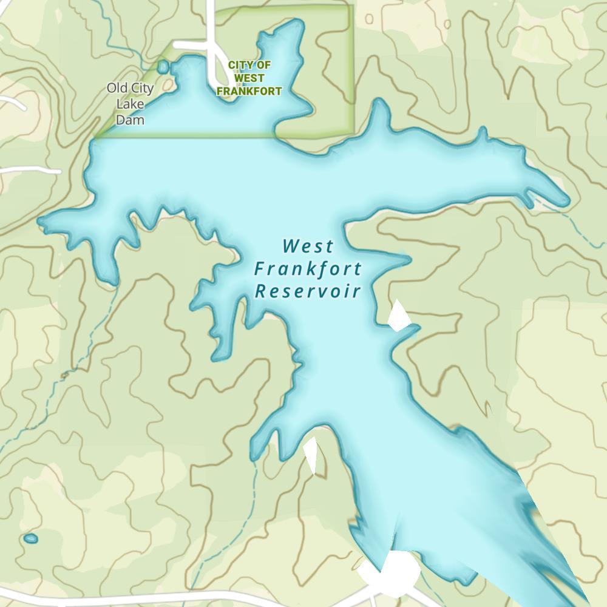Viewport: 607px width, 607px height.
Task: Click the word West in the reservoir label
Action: pos(308,246)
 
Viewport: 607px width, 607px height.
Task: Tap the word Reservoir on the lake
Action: pos(308,291)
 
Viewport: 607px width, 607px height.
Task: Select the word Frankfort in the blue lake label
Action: pos(308,269)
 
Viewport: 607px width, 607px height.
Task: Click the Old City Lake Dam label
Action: pos(130,104)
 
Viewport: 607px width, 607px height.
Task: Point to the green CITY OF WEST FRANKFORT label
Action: pos(249,78)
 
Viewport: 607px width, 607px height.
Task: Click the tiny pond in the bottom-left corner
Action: pos(30,538)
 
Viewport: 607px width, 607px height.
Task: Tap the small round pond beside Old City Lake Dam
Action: pos(163,66)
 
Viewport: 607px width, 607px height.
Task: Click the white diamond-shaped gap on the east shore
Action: pos(398,316)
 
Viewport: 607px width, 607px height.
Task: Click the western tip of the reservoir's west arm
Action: pos(41,221)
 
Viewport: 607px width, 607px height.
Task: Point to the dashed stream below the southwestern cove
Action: pos(85,346)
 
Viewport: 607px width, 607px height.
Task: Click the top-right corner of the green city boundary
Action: pos(351,8)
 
